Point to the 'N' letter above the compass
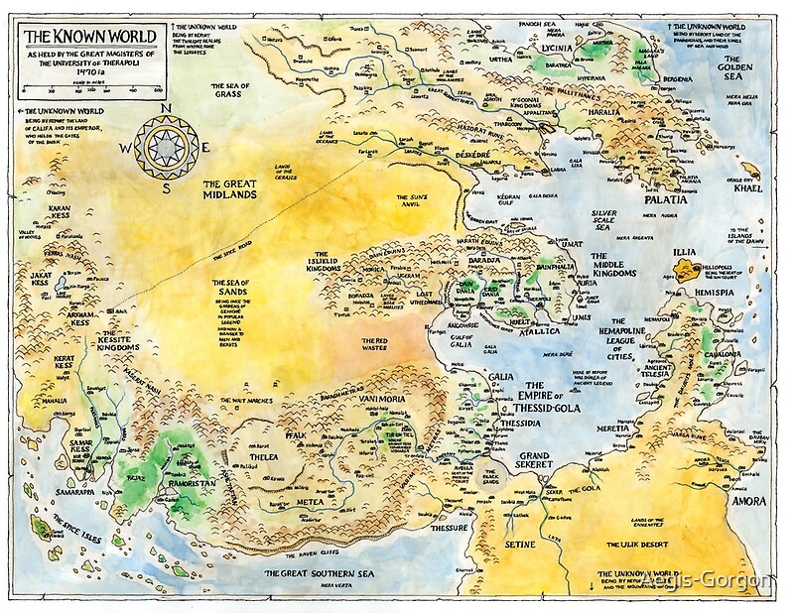click(167, 110)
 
